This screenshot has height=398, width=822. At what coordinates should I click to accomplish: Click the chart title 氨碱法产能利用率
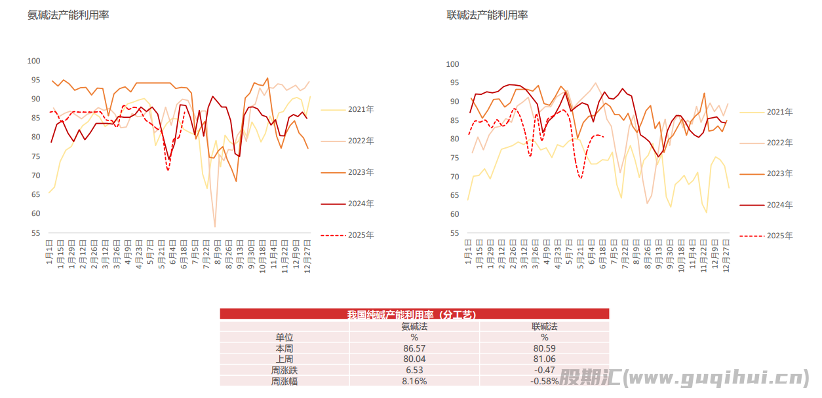coord(68,15)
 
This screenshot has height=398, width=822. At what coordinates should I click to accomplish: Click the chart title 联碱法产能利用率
coord(487,15)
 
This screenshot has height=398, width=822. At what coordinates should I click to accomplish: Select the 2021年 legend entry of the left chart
coord(361,109)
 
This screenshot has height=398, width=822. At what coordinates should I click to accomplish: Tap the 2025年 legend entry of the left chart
coord(361,235)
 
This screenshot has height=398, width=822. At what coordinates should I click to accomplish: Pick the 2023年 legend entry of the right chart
coord(779,173)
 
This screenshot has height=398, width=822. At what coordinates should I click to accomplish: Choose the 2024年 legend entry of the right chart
coord(779,205)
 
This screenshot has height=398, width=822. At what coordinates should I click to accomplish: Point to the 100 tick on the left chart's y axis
coord(33,61)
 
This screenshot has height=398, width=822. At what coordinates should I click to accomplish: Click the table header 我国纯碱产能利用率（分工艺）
coord(414,314)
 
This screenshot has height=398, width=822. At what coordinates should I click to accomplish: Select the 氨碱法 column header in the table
coord(414,326)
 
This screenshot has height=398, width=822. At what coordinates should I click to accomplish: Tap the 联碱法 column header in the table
coord(544,326)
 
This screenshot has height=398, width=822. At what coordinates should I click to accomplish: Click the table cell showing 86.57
coord(414,348)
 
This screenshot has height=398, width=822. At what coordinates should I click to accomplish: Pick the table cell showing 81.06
coord(545,359)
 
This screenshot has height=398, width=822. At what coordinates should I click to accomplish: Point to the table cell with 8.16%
coord(414,381)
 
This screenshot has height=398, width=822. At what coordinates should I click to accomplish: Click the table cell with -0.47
coord(545,370)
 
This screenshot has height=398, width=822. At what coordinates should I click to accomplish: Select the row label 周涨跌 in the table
coord(284,370)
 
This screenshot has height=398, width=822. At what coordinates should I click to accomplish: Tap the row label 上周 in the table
coord(284,359)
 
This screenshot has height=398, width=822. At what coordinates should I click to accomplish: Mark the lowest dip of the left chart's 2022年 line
coord(214,226)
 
